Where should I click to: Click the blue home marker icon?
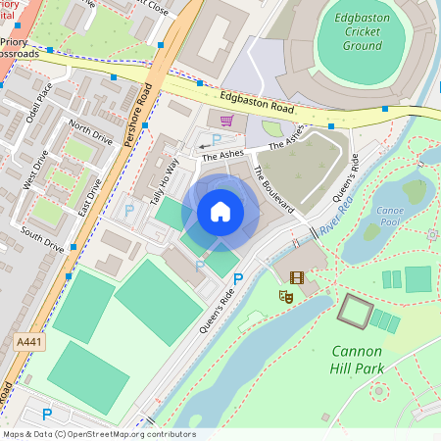pyautogui.click(x=220, y=212)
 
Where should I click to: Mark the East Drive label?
pyautogui.click(x=89, y=173)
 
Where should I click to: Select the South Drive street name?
pyautogui.click(x=42, y=238)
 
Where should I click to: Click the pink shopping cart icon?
pyautogui.click(x=227, y=121)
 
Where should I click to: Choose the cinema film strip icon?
pyautogui.click(x=297, y=277)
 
